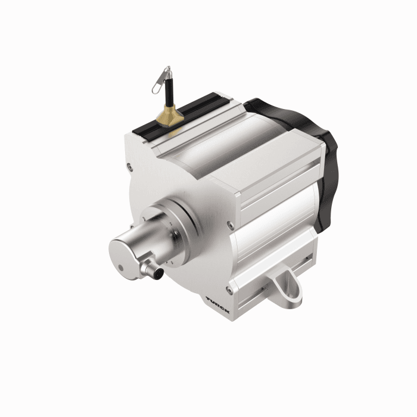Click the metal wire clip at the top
[x=161, y=79]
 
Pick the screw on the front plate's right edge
[x=231, y=225]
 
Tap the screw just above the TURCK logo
[x=229, y=290]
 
